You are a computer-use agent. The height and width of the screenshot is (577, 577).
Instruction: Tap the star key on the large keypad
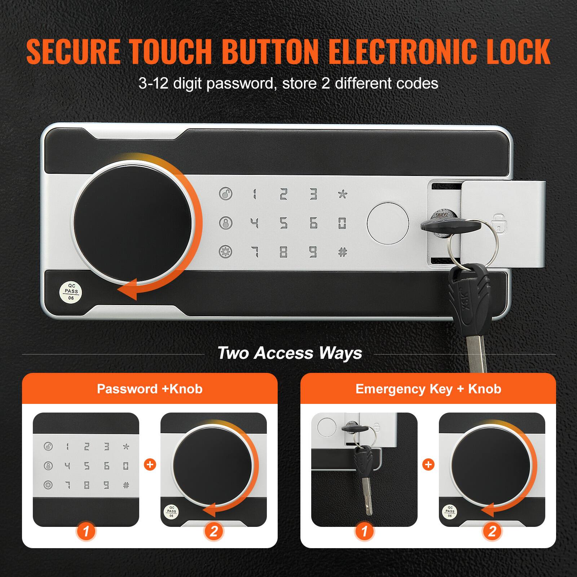pyautogui.click(x=342, y=194)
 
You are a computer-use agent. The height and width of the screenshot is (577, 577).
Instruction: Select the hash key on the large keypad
pyautogui.click(x=342, y=252)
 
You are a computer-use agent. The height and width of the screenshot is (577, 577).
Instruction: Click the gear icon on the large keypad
pyautogui.click(x=226, y=252)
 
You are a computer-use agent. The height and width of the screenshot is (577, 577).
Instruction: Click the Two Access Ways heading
pyautogui.click(x=290, y=353)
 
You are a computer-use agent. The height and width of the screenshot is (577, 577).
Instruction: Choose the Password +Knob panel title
pyautogui.click(x=150, y=389)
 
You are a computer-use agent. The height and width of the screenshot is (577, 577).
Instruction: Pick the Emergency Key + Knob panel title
pyautogui.click(x=428, y=389)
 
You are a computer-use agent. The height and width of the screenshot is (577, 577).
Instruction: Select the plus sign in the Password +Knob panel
pyautogui.click(x=150, y=464)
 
